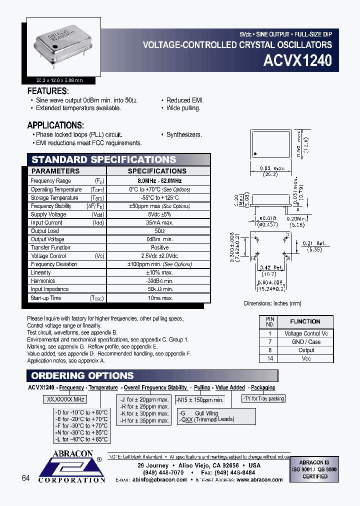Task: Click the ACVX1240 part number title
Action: (297, 61)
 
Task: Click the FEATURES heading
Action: (47, 91)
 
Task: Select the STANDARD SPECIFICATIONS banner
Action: (104, 160)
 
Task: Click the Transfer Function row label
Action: (50, 247)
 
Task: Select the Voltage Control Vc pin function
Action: (306, 333)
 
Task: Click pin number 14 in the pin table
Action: (270, 358)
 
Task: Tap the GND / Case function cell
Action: (306, 342)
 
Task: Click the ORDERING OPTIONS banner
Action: (82, 376)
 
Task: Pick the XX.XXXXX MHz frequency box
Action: (66, 399)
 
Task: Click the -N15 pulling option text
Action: (199, 400)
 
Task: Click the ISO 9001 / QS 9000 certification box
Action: (314, 470)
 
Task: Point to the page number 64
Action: (26, 478)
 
